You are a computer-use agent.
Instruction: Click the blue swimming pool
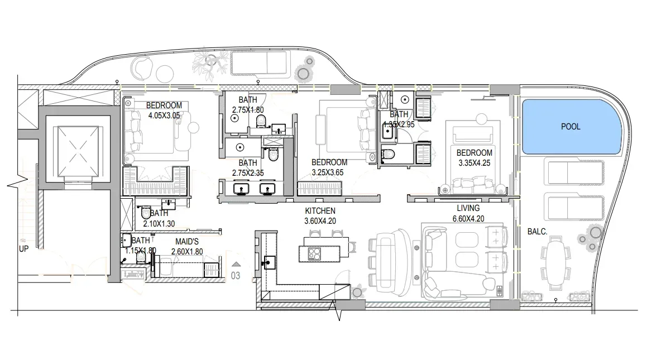click(x=572, y=127)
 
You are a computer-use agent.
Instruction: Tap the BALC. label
click(x=537, y=232)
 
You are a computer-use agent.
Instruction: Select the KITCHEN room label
click(x=320, y=211)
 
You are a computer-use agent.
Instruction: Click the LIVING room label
click(x=468, y=208)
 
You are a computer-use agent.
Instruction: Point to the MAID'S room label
click(x=187, y=242)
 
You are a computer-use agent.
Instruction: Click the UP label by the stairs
click(x=23, y=249)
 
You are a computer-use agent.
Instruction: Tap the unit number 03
click(x=236, y=276)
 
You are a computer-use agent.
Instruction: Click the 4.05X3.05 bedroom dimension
click(x=164, y=116)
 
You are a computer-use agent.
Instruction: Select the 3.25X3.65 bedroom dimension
click(x=328, y=172)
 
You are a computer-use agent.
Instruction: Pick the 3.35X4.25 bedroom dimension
click(x=474, y=163)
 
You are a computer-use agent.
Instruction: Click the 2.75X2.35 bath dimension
click(x=248, y=173)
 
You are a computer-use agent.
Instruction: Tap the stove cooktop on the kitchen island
click(x=314, y=253)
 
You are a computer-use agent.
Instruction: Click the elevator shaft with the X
click(x=78, y=152)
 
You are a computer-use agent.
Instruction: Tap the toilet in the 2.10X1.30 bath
click(x=145, y=212)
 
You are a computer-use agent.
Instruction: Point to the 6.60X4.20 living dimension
click(x=468, y=219)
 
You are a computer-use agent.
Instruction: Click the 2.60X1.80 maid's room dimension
click(x=187, y=252)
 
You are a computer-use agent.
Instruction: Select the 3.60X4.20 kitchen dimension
click(x=320, y=221)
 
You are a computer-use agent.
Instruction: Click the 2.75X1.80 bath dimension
click(x=248, y=110)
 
